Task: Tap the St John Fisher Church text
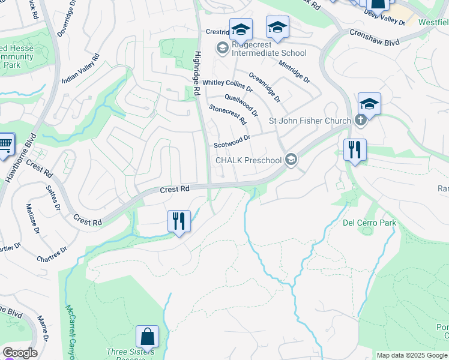309,121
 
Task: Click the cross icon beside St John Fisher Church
360,119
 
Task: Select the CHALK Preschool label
248,160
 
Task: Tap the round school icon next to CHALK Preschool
291,159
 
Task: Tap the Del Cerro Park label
369,223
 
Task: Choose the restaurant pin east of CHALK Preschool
355,149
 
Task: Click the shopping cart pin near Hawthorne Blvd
5,145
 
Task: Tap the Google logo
20,353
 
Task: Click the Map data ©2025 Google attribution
412,355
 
